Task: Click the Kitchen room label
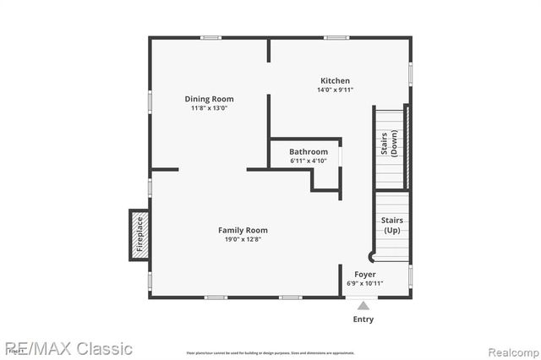coord(335,80)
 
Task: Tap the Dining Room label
coord(209,99)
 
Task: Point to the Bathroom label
coord(309,152)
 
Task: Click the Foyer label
coord(364,274)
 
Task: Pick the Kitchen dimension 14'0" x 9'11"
coord(335,90)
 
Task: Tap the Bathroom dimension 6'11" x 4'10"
coord(309,161)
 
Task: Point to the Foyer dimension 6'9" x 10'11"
coord(364,283)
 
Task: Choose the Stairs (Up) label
coord(392,225)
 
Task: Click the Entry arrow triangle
coord(363,305)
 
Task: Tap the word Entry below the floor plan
coord(363,319)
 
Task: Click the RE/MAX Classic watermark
coord(67,348)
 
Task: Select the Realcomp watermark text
coord(507,349)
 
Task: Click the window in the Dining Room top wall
coord(211,37)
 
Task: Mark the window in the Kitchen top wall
coord(336,37)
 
